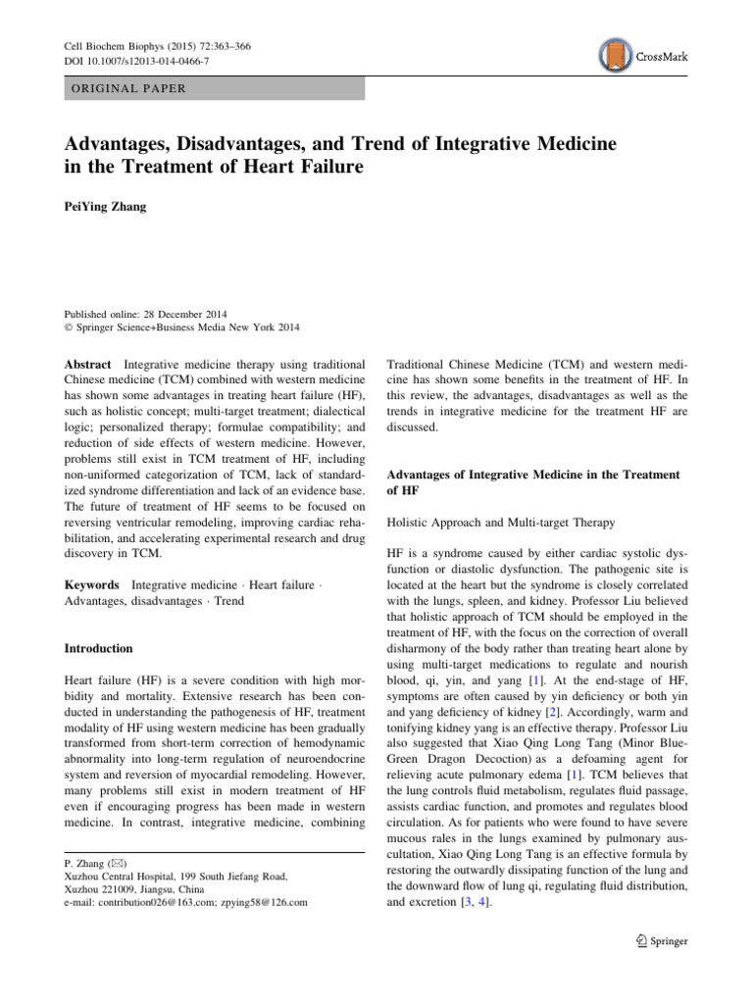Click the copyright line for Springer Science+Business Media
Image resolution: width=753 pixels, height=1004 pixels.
tap(181, 327)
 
